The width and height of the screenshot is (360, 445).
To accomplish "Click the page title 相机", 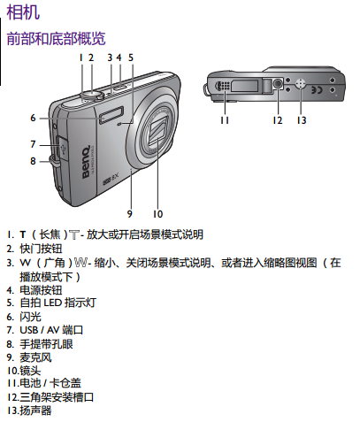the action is (23, 12).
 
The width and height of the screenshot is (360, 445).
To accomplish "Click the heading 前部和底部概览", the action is (56, 38).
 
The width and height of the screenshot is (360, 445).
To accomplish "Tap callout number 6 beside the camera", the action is (33, 118).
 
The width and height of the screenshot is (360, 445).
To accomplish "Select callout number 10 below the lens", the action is (157, 214).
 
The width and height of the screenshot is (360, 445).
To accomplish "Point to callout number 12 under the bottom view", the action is (278, 120).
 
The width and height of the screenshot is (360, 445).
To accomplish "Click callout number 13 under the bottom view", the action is (302, 120).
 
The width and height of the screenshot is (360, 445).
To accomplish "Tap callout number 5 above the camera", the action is (131, 58).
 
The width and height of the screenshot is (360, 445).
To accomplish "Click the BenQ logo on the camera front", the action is (86, 162).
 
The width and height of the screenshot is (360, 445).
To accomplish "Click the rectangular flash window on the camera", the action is (111, 115).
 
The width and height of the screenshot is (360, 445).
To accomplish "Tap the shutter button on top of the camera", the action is (92, 95).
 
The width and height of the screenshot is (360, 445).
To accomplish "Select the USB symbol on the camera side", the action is (63, 149).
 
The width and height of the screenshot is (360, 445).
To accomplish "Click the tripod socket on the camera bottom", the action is (278, 84).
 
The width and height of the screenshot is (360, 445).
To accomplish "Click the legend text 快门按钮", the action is (41, 249).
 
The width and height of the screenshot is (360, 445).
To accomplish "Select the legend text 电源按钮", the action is (41, 290).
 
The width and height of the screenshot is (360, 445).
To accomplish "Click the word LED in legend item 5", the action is (52, 303).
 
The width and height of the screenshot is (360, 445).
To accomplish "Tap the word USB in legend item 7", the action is (29, 330).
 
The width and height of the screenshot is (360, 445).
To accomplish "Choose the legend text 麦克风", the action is (35, 357).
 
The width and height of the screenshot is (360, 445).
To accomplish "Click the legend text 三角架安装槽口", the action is (57, 397).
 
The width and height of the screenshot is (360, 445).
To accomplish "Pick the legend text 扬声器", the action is (35, 410).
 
